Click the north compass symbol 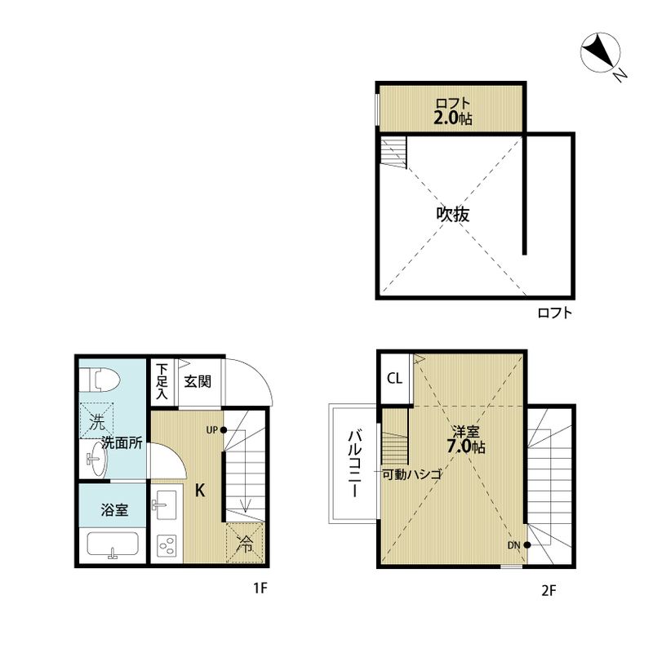tap(602, 55)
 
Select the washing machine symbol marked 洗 tap(97, 422)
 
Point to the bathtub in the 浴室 tap(111, 545)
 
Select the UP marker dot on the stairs tap(223, 429)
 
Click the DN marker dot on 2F tap(528, 545)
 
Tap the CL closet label tap(394, 379)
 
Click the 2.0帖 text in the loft tap(451, 118)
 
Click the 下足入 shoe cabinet tap(162, 381)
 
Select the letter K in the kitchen tap(199, 491)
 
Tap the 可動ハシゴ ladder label tap(412, 474)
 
